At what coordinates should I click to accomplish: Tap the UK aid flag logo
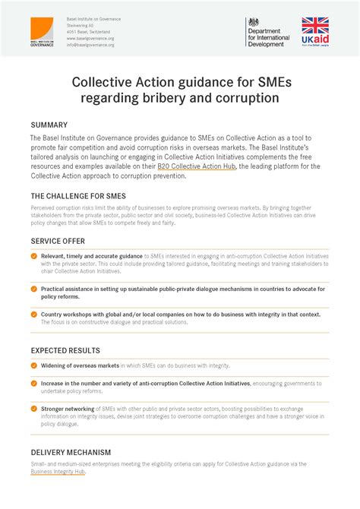pyautogui.click(x=315, y=33)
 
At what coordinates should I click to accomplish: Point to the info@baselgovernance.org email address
pyautogui.click(x=90, y=45)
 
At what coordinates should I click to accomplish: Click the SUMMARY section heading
pyautogui.click(x=49, y=125)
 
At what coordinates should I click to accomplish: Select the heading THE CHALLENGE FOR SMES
pyautogui.click(x=78, y=196)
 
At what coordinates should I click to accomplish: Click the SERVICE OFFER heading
pyautogui.click(x=59, y=240)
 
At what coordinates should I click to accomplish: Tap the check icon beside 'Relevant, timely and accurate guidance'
pyautogui.click(x=34, y=256)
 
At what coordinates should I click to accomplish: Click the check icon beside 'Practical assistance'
pyautogui.click(x=34, y=289)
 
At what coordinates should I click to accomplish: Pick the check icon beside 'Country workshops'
pyautogui.click(x=34, y=313)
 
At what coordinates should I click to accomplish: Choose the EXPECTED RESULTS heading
pyautogui.click(x=65, y=351)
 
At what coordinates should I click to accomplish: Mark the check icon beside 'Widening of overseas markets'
pyautogui.click(x=34, y=365)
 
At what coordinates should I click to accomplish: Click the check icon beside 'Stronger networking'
pyautogui.click(x=34, y=409)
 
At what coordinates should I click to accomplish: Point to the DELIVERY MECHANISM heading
pyautogui.click(x=71, y=452)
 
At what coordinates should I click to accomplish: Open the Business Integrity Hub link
pyautogui.click(x=58, y=472)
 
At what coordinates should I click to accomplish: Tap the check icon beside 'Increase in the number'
pyautogui.click(x=34, y=384)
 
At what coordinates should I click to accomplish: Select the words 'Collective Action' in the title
pyautogui.click(x=123, y=81)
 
